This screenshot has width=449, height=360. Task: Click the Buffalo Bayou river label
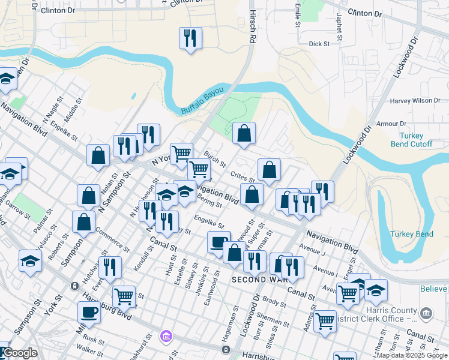tap(202, 101)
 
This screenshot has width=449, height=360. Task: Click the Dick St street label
tap(319, 44)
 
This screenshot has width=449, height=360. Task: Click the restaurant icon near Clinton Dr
tap(190, 39)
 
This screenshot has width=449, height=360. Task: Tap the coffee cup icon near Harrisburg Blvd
tap(89, 313)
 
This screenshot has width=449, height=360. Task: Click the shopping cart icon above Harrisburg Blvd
tap(123, 295)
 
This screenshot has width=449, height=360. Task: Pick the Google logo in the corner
tap(20, 353)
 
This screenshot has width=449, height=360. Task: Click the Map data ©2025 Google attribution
tap(412, 355)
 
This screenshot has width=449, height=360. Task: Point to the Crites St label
tap(243, 175)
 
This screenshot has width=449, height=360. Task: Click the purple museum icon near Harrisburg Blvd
tap(165, 337)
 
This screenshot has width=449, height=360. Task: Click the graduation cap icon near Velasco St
tap(30, 261)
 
